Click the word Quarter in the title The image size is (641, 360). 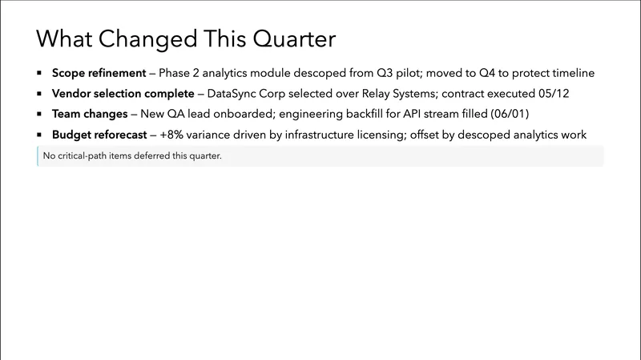click(x=292, y=39)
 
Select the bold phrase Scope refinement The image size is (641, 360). click(x=99, y=72)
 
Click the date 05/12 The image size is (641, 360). click(x=553, y=93)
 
